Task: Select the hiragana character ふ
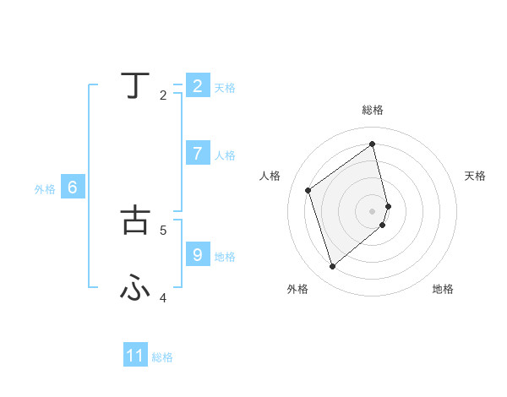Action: coord(136,289)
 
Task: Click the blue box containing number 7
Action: coord(198,154)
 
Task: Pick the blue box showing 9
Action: coord(198,254)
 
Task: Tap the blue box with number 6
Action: coord(73,188)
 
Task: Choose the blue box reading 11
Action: coord(135,356)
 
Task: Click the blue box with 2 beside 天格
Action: coord(198,86)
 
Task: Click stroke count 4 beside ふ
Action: coord(163,297)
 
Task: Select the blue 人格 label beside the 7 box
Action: coord(225,155)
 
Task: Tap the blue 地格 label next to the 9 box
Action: coord(225,257)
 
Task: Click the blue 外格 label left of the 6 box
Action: coord(45,190)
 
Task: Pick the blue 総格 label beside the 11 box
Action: coord(162,357)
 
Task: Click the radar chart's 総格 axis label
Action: coord(373,110)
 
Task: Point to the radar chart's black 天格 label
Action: coord(475,176)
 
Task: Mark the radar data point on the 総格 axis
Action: coord(373,144)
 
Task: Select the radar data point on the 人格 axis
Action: coord(308,190)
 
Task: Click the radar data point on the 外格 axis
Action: coord(332,267)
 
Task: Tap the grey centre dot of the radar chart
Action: coord(373,210)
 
